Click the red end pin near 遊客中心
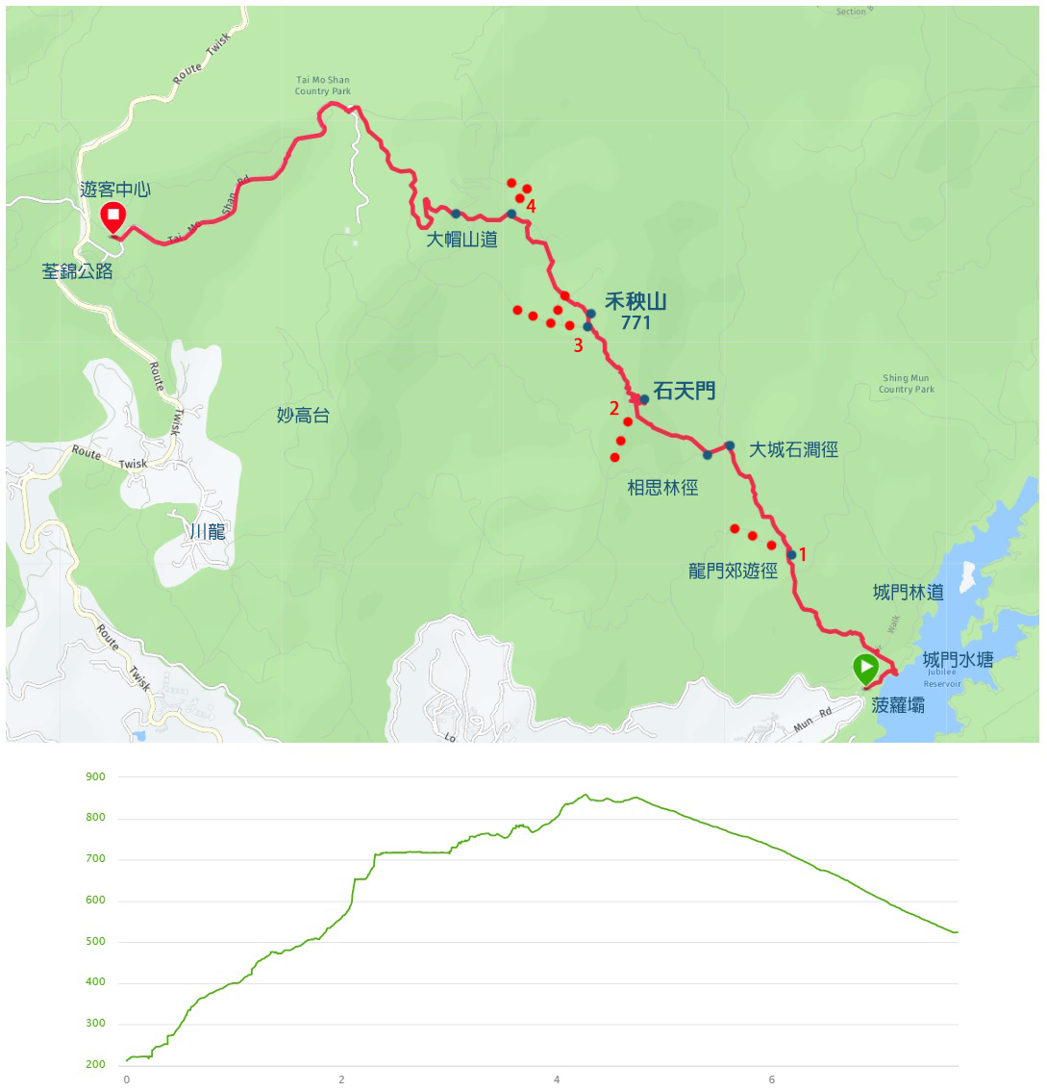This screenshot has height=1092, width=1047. click(x=112, y=216)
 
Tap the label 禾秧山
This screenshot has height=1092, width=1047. click(x=636, y=301)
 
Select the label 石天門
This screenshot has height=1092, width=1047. click(x=684, y=391)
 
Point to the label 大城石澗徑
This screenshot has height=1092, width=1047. click(x=793, y=449)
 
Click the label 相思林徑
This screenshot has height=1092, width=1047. click(x=662, y=488)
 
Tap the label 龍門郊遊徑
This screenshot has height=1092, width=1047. click(x=733, y=571)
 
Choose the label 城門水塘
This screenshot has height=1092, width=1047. click(x=958, y=659)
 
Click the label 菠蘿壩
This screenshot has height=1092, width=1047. click(x=898, y=705)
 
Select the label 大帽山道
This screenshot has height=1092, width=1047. click(x=462, y=240)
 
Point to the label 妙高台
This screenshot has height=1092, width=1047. click(x=303, y=415)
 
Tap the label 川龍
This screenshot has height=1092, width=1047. click(x=208, y=531)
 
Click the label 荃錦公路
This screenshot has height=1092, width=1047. click(x=77, y=271)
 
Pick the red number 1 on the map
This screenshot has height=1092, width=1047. click(x=803, y=555)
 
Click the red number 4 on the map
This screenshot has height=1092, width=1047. click(x=531, y=207)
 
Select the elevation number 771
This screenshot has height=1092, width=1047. click(x=636, y=323)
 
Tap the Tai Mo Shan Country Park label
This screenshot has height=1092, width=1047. click(x=322, y=86)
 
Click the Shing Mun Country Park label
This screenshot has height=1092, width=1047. click(x=907, y=384)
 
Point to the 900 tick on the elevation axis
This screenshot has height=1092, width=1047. click(x=95, y=776)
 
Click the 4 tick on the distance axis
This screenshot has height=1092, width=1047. click(x=557, y=1079)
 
